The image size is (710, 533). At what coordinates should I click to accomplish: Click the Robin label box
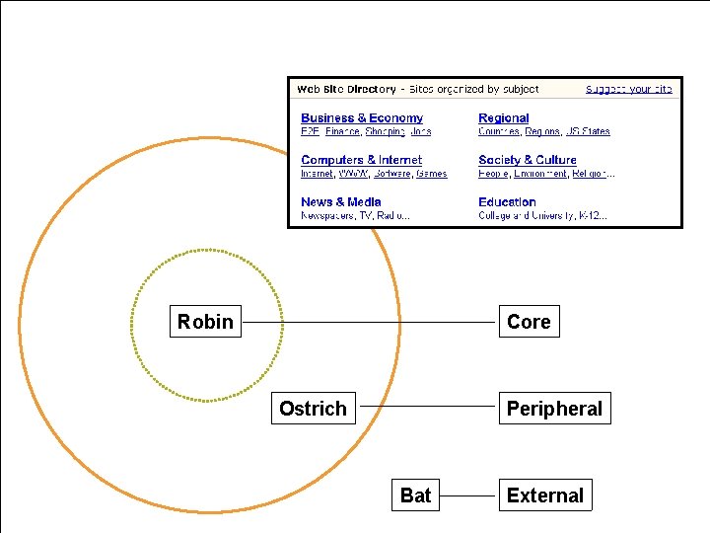tap(205, 322)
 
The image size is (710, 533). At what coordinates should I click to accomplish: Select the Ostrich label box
tap(313, 409)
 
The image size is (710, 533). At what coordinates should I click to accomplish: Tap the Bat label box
tap(415, 495)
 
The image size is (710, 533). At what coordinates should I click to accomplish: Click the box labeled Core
tap(529, 322)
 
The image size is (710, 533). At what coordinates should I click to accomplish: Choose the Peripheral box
tap(554, 409)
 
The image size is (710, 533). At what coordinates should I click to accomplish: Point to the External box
tap(545, 495)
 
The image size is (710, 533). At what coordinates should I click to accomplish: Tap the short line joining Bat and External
tap(469, 495)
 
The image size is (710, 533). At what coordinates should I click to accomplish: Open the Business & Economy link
tap(362, 118)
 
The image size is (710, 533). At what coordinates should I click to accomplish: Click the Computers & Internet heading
tap(361, 160)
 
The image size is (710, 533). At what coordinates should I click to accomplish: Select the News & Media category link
tap(341, 202)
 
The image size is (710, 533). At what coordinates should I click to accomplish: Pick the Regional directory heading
tap(503, 118)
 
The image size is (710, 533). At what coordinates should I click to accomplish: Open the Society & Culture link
tap(528, 160)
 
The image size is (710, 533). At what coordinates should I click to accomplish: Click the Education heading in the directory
tap(507, 202)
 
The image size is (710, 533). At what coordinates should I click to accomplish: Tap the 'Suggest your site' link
tap(628, 89)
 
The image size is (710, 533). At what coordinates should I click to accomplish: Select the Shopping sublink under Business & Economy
tap(385, 131)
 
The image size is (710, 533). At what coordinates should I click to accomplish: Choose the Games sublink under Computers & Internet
tap(431, 174)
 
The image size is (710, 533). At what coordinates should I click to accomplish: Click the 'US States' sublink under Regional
tap(588, 131)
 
